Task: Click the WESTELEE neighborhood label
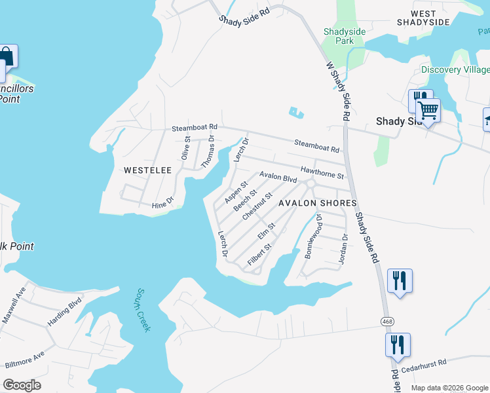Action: pos(147,170)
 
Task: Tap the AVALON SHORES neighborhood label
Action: pos(317,203)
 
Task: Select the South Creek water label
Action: pos(143,310)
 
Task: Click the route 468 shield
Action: pos(388,320)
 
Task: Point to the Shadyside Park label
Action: pos(339,36)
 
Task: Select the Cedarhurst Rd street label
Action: pos(424,362)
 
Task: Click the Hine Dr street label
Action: pos(162,205)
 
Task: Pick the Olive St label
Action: pos(185,148)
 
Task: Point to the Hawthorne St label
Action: pos(322,172)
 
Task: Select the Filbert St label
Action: pos(259,254)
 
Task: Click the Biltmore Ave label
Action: pos(25,360)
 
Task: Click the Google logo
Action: pos(22,385)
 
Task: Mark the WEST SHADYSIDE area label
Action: pos(423,18)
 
